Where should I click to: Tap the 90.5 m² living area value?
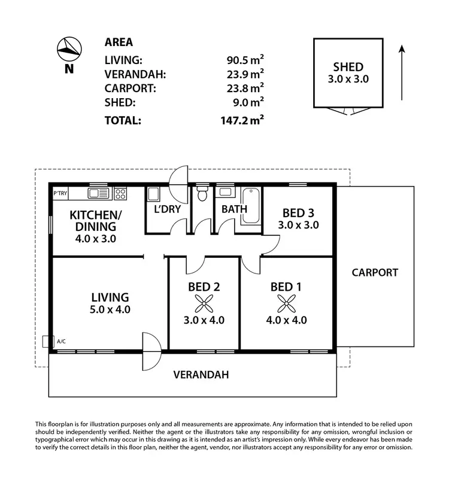coord(242,60)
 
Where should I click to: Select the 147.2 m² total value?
coord(242,120)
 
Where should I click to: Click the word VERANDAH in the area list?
coord(135,74)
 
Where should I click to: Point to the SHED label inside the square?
coord(348,67)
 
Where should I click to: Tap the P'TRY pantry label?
coord(60,193)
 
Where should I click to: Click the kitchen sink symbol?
coord(96,193)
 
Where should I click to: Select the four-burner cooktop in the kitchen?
coord(120,193)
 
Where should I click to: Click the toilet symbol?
coord(202,193)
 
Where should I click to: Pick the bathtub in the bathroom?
coord(251,207)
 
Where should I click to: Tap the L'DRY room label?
coord(168,209)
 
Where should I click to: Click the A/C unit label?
coord(61,342)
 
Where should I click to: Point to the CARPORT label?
coord(375,272)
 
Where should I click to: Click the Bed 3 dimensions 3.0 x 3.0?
coord(298,226)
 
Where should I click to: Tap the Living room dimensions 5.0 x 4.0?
coord(110,310)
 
